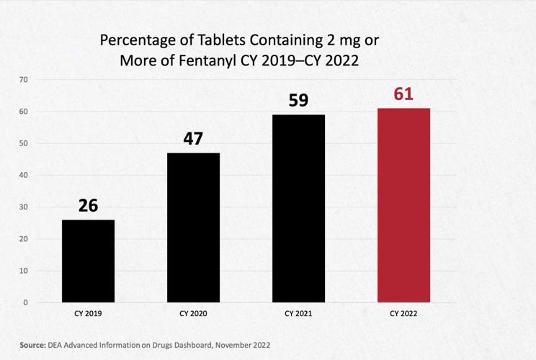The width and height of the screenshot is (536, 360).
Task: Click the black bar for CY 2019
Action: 88,261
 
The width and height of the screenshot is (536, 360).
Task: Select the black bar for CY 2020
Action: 193,228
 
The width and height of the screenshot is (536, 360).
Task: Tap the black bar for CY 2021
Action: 298,208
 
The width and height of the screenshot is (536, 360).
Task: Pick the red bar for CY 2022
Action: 403,205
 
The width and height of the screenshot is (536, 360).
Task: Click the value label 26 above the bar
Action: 88,205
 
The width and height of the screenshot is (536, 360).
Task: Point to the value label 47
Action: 193,138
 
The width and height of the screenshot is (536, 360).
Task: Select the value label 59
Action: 298,100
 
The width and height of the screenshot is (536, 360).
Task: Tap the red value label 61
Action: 403,94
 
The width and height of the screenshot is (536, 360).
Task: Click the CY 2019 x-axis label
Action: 88,314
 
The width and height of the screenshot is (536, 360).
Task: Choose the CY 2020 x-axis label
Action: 193,314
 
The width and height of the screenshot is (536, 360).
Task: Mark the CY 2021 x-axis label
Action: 298,314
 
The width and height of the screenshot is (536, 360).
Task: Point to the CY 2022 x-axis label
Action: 403,314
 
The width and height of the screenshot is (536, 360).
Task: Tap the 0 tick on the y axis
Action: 25,302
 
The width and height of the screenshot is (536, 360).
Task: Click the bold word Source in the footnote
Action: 32,345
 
